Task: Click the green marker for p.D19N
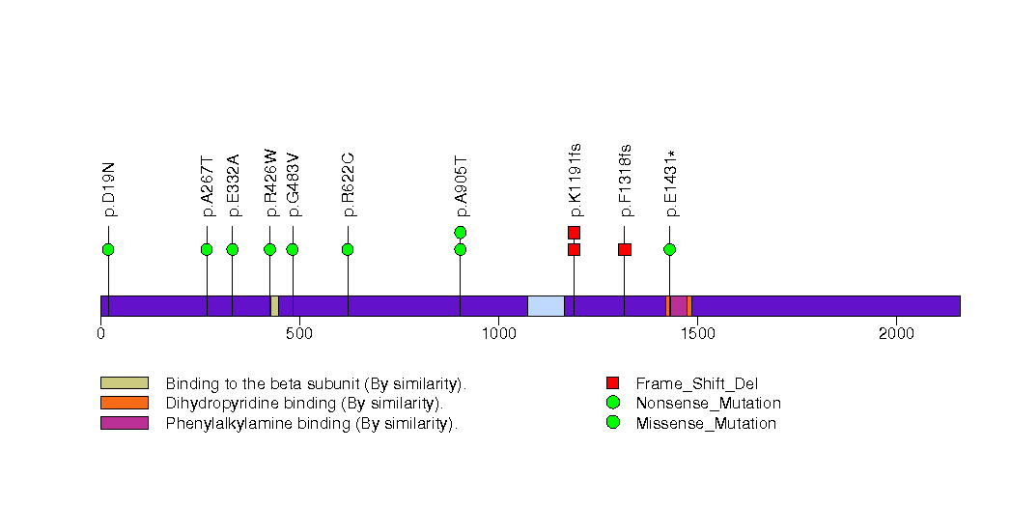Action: (108, 249)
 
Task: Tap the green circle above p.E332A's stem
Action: (233, 249)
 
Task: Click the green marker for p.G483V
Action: (293, 249)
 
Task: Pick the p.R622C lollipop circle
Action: (348, 249)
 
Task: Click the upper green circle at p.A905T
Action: (461, 232)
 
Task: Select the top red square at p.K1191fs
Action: (574, 232)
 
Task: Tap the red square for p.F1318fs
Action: (625, 249)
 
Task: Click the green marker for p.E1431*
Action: (669, 249)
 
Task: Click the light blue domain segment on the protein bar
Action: (546, 306)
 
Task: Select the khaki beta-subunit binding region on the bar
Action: (274, 306)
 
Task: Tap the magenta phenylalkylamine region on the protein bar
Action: (678, 306)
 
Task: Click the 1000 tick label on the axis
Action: (498, 334)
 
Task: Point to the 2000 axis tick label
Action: (896, 334)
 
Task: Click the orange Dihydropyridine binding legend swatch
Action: (125, 403)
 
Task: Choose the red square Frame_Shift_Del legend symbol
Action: (612, 383)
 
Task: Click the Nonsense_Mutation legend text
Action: (708, 404)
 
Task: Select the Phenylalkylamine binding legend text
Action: (311, 423)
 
